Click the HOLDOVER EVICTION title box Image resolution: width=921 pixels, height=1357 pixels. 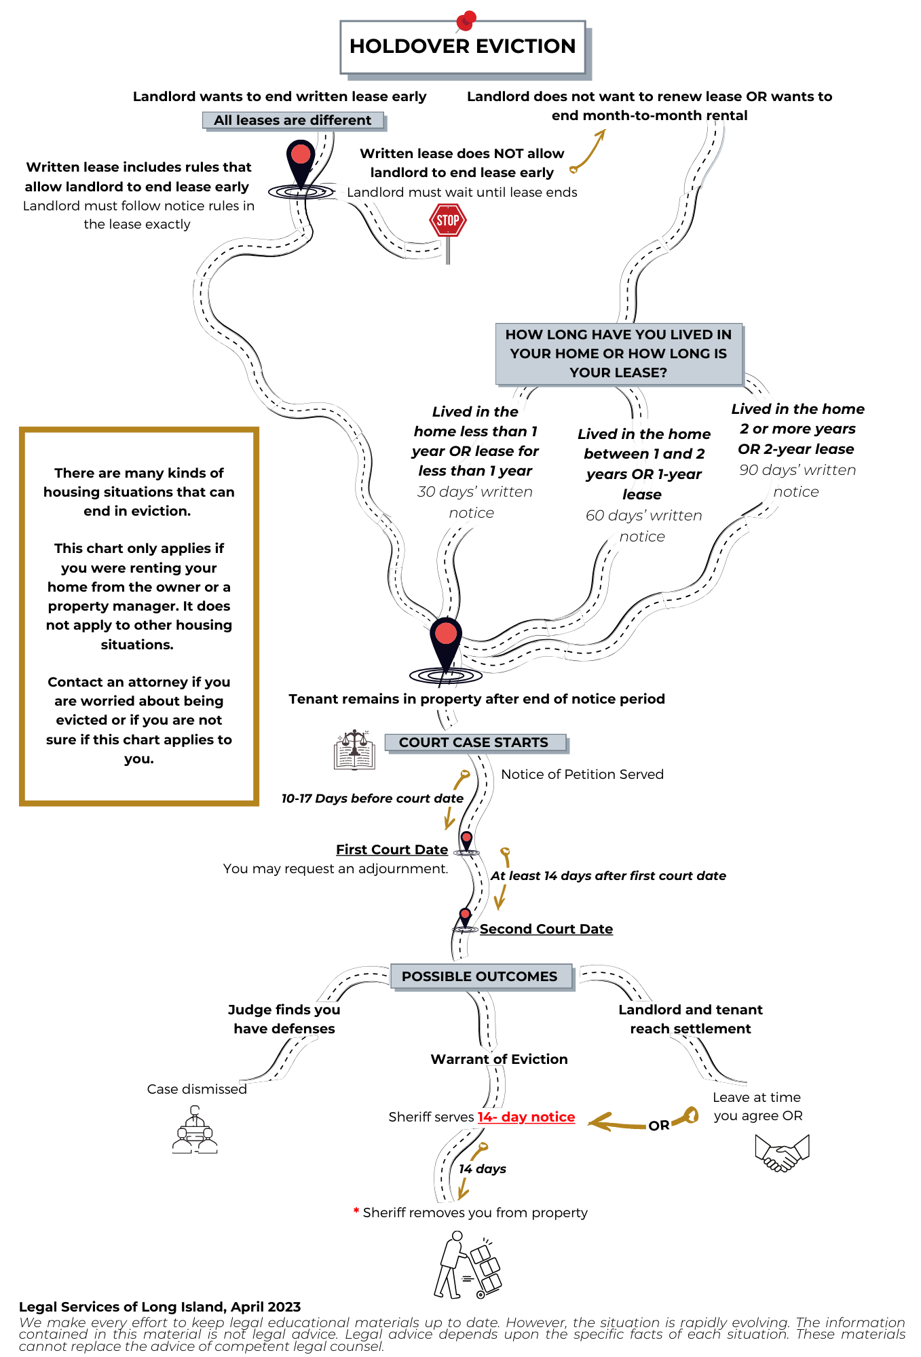tap(462, 46)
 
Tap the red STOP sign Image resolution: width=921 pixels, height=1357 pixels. tap(448, 221)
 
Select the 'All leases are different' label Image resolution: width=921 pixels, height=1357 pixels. tap(293, 121)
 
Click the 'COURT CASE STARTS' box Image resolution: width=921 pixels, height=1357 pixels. tap(474, 742)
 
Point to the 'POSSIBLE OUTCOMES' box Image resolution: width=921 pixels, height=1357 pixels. tap(481, 976)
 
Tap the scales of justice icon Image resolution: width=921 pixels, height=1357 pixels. tap(354, 750)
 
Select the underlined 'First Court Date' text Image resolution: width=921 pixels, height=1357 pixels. tap(392, 849)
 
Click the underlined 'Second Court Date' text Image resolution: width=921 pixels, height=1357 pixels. tap(546, 929)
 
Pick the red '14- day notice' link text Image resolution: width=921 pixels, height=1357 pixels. tap(527, 1117)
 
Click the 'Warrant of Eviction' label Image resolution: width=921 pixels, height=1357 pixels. tap(499, 1059)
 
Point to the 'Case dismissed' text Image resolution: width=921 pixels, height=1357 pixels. tap(197, 1089)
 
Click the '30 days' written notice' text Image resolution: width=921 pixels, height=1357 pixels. tap(474, 502)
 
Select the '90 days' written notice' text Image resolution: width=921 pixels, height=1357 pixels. tap(797, 480)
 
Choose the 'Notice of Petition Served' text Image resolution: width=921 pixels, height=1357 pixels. tap(582, 774)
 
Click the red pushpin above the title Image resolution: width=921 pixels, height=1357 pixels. tap(466, 20)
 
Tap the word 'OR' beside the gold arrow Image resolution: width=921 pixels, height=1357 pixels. tap(658, 1126)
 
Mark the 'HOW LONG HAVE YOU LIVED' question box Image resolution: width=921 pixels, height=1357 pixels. tap(618, 353)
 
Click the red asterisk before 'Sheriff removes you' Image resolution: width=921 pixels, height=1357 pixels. tap(356, 1211)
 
